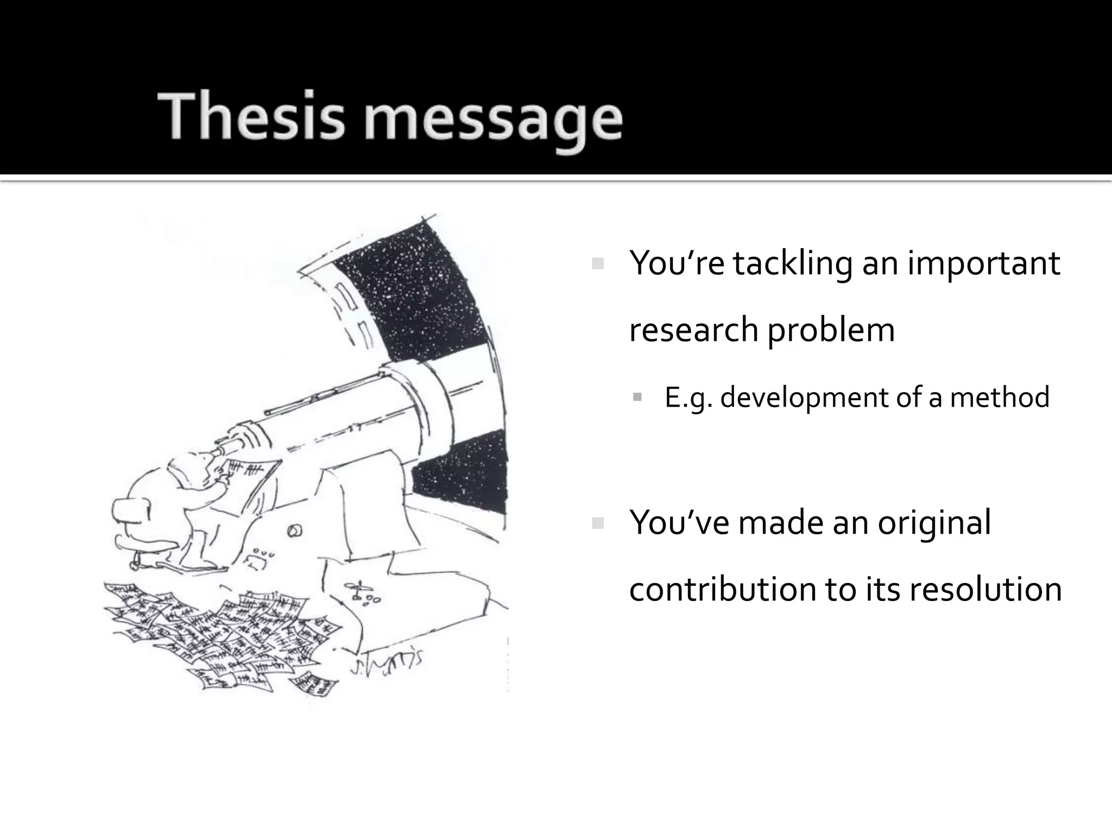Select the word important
[983, 264]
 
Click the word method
[999, 397]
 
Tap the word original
[934, 523]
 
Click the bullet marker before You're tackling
[598, 264]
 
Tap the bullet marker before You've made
[598, 523]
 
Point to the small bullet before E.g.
[637, 397]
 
